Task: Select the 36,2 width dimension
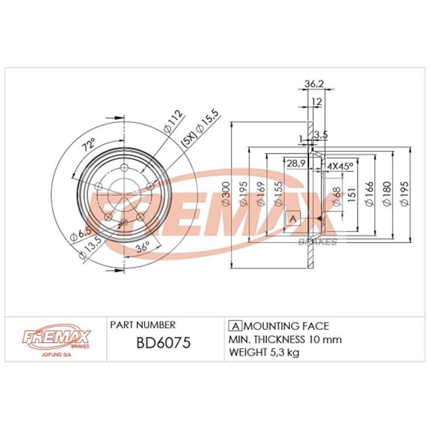(314, 83)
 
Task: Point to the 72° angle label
(89, 145)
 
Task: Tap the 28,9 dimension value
(296, 164)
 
